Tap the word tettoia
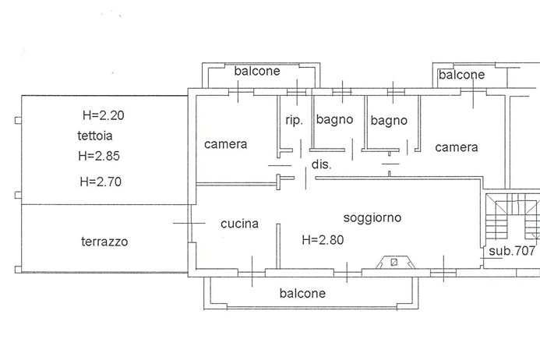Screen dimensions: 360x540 click(x=93, y=136)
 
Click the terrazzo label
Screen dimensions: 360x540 click(x=104, y=242)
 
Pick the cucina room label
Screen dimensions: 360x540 click(x=239, y=224)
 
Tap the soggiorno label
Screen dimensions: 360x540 click(x=372, y=217)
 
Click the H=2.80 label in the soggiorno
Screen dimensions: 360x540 click(x=323, y=240)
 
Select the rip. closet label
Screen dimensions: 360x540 click(x=294, y=120)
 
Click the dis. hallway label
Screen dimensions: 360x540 click(x=321, y=164)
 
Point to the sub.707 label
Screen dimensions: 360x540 click(x=512, y=251)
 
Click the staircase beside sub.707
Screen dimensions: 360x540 click(x=511, y=217)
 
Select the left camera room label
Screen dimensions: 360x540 click(x=226, y=144)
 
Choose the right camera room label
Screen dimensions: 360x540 click(x=457, y=147)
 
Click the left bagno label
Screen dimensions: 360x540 click(x=335, y=120)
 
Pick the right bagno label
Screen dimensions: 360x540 click(x=389, y=120)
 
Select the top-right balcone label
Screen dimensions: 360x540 click(x=461, y=75)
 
